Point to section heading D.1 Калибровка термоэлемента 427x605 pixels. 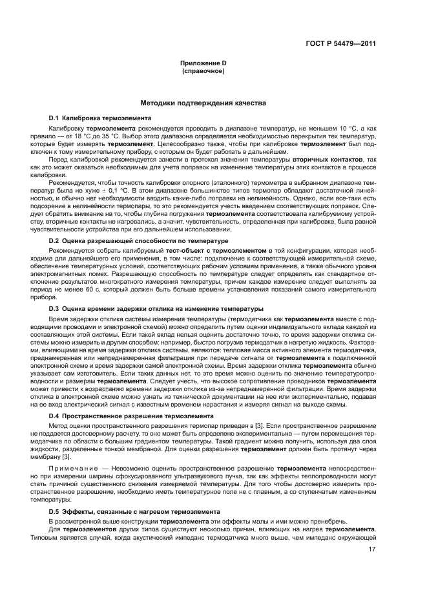coord(100,119)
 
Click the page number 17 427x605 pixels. coord(372,550)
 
